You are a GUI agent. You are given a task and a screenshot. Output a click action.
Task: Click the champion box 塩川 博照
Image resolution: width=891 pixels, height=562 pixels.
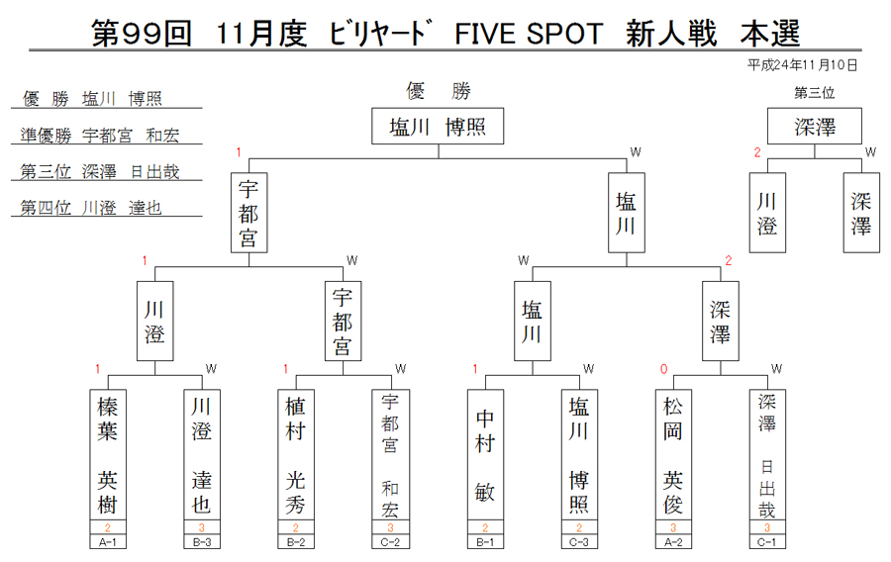(x=438, y=126)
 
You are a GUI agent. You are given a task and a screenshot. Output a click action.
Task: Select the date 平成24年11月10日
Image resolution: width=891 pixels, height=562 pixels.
(x=802, y=65)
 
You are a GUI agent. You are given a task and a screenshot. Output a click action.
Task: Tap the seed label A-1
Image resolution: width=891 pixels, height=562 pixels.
(x=108, y=542)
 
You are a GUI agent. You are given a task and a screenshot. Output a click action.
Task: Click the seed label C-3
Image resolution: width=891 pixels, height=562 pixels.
(x=579, y=542)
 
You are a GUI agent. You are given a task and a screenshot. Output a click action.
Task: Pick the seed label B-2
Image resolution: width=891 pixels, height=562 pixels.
(x=296, y=542)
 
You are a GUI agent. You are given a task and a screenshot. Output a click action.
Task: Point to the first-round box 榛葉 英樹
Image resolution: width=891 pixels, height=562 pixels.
(x=108, y=454)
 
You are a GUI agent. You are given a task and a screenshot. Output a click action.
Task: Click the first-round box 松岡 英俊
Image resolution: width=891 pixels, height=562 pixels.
(x=673, y=454)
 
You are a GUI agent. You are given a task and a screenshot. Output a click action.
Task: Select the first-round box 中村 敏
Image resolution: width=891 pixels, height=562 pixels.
(x=485, y=454)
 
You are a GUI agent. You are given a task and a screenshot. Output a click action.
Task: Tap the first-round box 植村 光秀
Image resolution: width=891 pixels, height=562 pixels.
(x=296, y=454)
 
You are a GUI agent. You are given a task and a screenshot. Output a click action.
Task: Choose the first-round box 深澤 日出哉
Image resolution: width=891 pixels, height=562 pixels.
(x=767, y=454)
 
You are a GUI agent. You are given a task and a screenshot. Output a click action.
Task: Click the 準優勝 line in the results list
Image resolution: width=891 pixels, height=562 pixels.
(x=100, y=136)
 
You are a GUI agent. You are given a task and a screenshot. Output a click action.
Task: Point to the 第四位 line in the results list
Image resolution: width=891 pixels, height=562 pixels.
(x=91, y=208)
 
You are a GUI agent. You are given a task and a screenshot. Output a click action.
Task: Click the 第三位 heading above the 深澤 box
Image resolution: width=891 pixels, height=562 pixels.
(x=815, y=93)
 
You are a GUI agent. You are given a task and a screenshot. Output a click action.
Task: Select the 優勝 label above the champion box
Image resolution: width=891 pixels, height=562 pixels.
(x=439, y=91)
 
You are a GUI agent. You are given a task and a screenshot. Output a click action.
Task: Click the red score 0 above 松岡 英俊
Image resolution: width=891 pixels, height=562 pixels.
(x=663, y=369)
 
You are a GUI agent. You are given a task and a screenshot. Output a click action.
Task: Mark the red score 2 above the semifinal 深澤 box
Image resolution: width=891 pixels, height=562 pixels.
(x=729, y=260)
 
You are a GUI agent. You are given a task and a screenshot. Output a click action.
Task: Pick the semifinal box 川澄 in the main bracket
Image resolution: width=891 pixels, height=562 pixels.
(x=155, y=321)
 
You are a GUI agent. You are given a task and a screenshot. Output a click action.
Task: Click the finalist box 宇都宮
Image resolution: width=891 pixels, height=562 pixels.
(x=248, y=213)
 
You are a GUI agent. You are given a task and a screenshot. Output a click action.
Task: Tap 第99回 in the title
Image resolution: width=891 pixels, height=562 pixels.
(x=142, y=34)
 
